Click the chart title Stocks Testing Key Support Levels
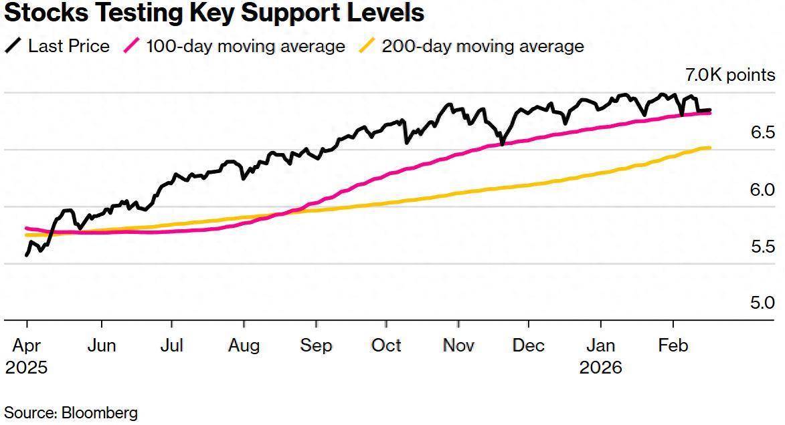(214, 13)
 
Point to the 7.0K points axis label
(729, 75)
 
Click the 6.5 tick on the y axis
(763, 132)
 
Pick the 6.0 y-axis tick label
(763, 190)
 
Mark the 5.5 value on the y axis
(763, 247)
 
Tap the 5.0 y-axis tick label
(763, 303)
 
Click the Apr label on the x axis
(27, 345)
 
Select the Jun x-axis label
(102, 345)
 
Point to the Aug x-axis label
(244, 345)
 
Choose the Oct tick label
(387, 345)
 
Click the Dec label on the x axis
(528, 345)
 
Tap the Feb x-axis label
(673, 345)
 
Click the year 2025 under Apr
(27, 368)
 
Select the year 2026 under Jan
(601, 368)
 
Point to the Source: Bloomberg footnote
(71, 412)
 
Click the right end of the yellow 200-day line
(709, 148)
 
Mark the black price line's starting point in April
(27, 255)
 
